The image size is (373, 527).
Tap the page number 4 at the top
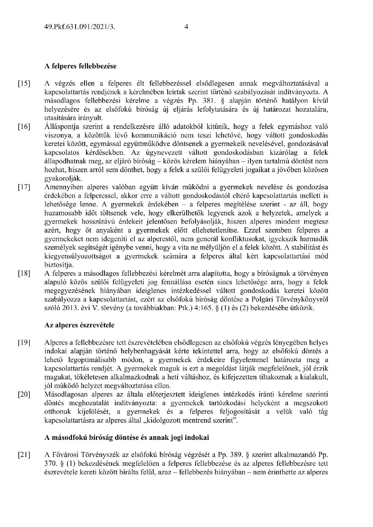(x=186, y=27)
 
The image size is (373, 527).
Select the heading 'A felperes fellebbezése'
(x=80, y=66)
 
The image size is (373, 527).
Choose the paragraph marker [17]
(x=24, y=187)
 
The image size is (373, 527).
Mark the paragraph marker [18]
(x=24, y=274)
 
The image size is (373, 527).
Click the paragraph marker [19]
(x=24, y=343)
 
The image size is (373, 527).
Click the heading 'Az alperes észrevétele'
(x=79, y=325)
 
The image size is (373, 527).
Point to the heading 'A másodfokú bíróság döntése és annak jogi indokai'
(x=127, y=437)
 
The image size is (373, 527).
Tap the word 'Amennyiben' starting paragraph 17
(x=60, y=187)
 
